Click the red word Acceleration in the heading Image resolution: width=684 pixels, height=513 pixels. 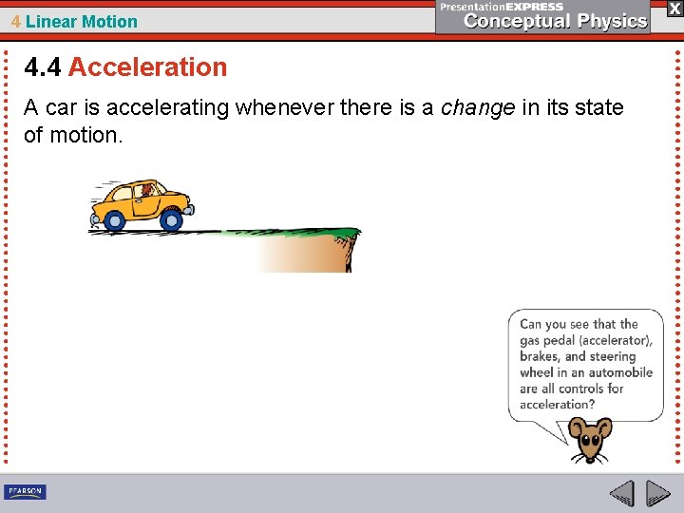(147, 67)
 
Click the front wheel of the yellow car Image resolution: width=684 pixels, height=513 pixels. (171, 220)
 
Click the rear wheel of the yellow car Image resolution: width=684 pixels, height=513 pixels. (114, 220)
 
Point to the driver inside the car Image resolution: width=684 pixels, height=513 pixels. (146, 191)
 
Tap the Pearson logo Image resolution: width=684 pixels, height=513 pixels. (25, 491)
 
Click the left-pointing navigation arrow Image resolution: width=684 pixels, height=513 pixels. (621, 492)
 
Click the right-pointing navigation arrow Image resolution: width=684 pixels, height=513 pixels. (657, 492)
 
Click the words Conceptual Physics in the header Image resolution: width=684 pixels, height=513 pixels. (556, 22)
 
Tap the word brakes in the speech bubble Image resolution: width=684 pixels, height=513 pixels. (539, 356)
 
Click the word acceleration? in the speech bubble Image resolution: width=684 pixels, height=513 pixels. (558, 404)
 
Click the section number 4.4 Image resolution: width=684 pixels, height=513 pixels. (43, 67)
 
